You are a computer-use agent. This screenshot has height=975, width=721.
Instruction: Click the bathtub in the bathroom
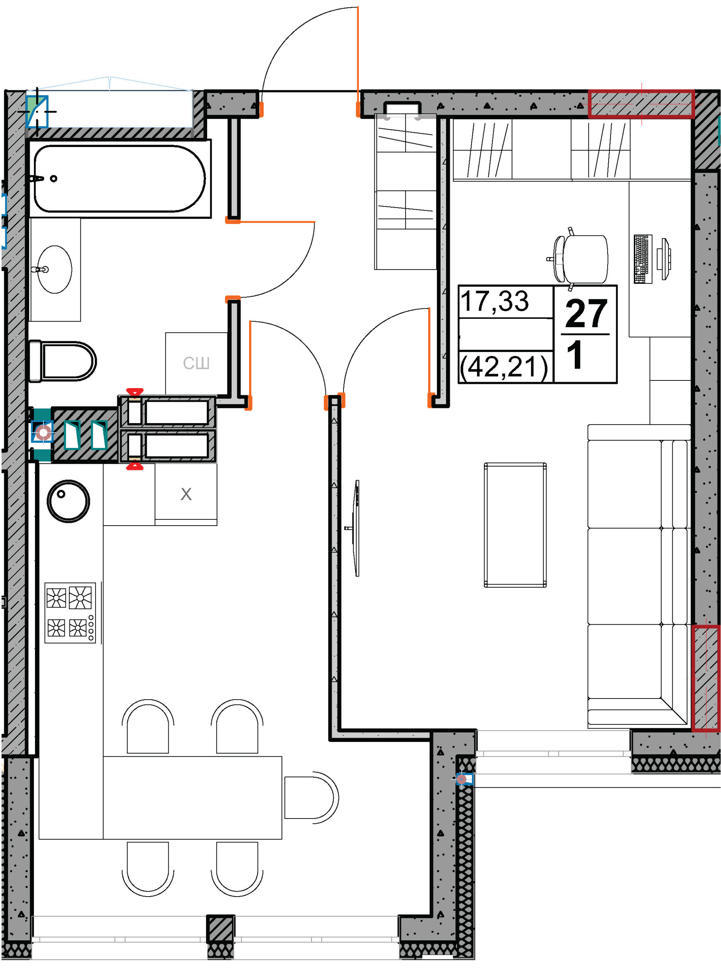120,179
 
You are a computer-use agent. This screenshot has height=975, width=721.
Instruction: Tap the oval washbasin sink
54,269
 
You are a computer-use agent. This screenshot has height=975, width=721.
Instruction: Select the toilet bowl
62,361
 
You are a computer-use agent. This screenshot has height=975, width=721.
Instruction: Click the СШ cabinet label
197,363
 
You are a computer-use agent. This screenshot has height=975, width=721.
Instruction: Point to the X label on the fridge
186,494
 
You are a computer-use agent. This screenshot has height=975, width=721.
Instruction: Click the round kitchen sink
69,501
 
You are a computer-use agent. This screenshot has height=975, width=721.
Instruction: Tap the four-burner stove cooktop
70,613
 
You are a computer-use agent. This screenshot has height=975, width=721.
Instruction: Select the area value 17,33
494,301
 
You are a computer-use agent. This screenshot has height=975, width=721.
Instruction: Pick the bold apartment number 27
586,313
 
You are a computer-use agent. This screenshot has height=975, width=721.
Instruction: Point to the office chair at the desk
578,259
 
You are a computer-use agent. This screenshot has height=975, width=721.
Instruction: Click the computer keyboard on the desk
643,259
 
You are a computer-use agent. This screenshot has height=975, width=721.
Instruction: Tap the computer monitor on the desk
665,259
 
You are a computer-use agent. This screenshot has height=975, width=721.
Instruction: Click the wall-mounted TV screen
357,528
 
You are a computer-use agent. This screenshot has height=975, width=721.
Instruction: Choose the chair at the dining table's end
311,798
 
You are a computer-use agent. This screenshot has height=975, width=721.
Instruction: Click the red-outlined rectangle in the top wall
641,104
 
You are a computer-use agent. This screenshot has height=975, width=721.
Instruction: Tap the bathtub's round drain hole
54,179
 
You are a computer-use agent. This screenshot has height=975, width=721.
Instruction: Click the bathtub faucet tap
37,179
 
